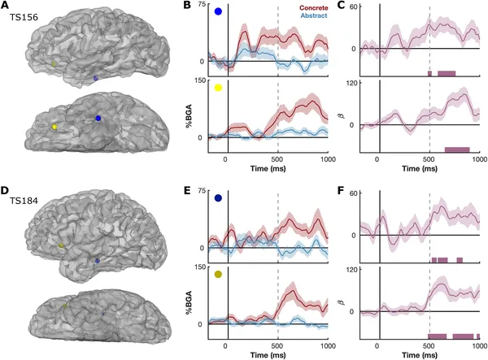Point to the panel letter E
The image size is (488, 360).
[x=186, y=192]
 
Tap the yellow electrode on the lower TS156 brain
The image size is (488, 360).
[x=54, y=128]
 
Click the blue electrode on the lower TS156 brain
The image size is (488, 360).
[x=98, y=119]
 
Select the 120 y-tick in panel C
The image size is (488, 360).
[x=355, y=83]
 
